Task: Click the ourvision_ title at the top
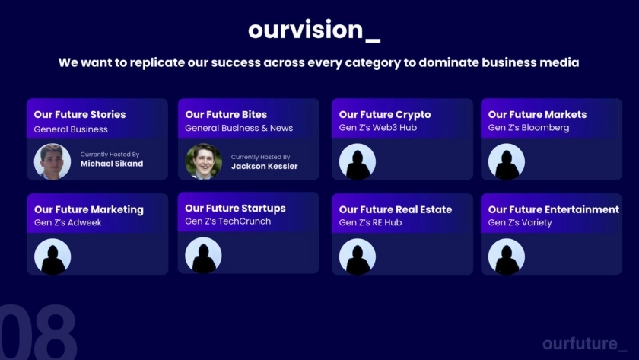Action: click(314, 30)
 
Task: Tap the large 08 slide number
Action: click(38, 332)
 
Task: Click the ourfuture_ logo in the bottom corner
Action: click(585, 344)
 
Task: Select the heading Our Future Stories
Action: click(80, 115)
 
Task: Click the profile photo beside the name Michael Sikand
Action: click(52, 161)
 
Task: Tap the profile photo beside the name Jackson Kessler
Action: click(203, 161)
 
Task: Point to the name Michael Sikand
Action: click(112, 164)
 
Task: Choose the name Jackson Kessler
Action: click(265, 167)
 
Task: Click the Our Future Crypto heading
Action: click(385, 115)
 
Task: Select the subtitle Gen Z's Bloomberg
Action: click(529, 128)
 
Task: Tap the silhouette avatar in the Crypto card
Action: click(358, 161)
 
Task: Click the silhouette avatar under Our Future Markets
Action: click(507, 161)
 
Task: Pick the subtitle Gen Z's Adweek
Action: click(68, 222)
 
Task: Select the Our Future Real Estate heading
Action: click(396, 209)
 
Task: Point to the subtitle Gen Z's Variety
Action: click(520, 222)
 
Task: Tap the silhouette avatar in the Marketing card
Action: click(52, 256)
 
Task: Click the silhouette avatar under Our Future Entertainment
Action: click(507, 256)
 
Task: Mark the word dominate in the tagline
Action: click(449, 62)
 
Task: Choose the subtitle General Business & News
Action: click(239, 128)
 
